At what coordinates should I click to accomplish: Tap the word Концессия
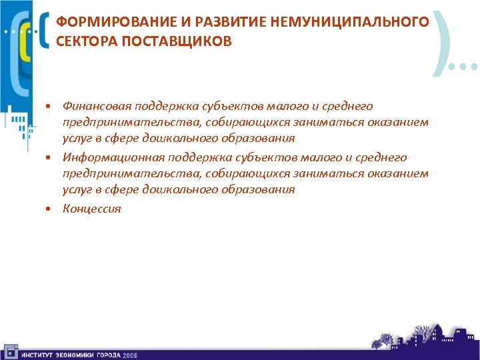point(92,209)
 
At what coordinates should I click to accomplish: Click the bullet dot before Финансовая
point(49,107)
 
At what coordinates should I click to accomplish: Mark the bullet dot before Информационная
point(49,158)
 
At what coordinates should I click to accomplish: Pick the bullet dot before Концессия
point(49,209)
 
